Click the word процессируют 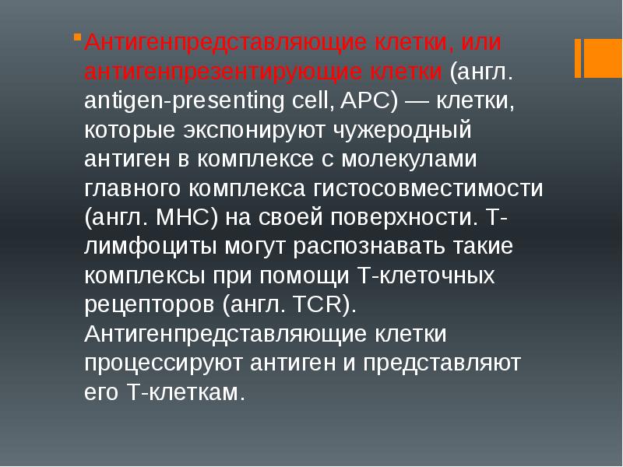(164, 363)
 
